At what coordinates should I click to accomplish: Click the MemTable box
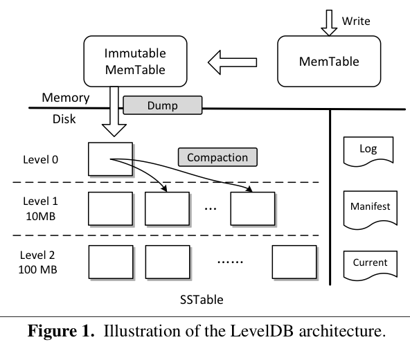[x=329, y=61]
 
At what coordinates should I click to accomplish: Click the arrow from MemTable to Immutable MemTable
[x=233, y=62]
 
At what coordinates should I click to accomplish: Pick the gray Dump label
[x=163, y=106]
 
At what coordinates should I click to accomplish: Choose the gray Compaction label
[x=217, y=157]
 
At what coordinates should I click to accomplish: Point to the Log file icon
[x=368, y=150]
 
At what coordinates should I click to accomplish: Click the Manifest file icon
[x=368, y=207]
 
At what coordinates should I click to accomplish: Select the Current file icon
[x=368, y=264]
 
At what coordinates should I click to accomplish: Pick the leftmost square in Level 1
[x=110, y=208]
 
